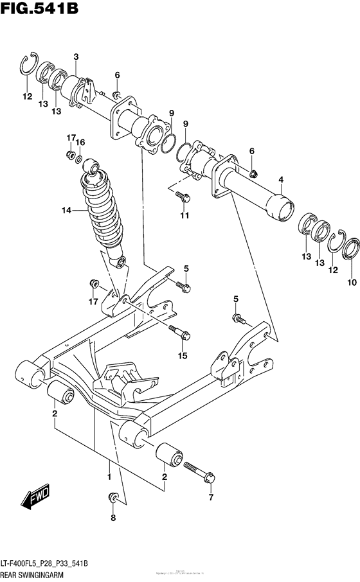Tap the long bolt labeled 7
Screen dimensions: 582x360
click(x=199, y=472)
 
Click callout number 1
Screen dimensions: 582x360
click(x=109, y=477)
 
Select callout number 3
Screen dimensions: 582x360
click(x=76, y=58)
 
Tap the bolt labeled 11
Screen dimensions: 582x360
click(x=183, y=197)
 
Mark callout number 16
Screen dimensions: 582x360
click(x=80, y=142)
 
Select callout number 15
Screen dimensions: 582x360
click(x=183, y=355)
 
